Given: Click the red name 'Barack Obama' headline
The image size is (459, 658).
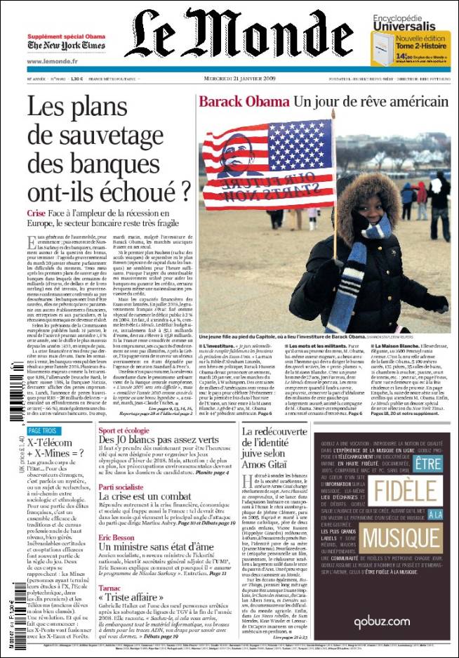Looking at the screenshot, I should (243, 102).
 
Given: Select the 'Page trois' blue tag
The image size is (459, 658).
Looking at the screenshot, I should (43, 430).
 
